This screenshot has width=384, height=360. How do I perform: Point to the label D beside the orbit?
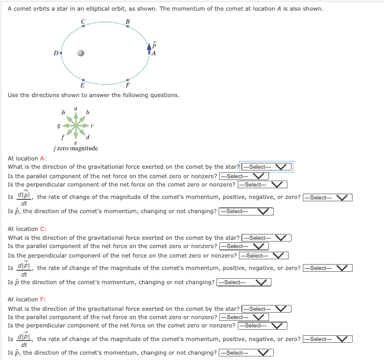(54, 53)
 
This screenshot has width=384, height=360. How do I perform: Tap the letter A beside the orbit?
(153, 53)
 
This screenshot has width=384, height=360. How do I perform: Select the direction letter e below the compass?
(76, 143)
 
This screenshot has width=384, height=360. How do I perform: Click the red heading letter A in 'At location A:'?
(42, 159)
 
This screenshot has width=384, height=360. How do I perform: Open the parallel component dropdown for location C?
(245, 246)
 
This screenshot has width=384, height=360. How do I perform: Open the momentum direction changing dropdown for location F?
(245, 353)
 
